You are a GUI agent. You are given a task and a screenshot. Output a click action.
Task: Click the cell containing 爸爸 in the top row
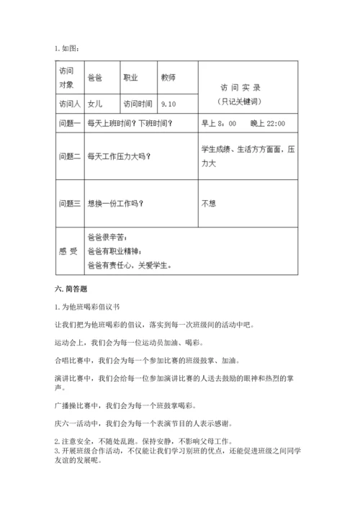[x=94, y=78]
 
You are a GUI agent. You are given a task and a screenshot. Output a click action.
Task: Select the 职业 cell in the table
[x=131, y=78]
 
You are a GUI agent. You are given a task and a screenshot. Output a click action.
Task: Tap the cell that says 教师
[x=168, y=78]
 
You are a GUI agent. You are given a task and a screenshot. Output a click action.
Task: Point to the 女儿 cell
[x=94, y=103]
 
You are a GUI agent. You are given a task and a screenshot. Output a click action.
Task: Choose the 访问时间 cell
[x=138, y=103]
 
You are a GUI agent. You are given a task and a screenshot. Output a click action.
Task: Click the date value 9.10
[x=170, y=103]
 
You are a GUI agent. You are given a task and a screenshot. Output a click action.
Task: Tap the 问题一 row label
[x=69, y=124]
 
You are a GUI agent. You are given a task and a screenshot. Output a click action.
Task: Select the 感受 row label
[x=68, y=251]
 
